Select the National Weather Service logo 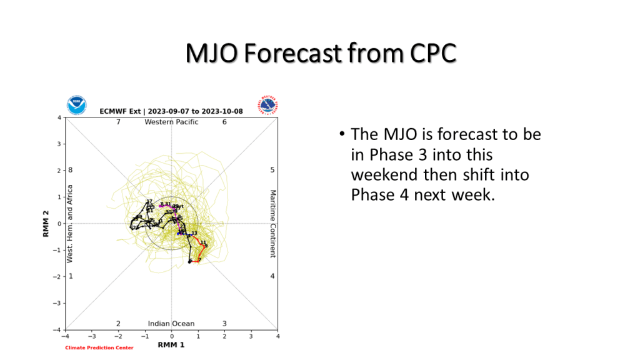[268, 105]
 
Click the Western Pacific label [171, 122]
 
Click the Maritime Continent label [272, 223]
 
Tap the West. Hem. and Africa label [70, 223]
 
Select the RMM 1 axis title [171, 345]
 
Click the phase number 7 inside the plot [118, 122]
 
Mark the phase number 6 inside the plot [224, 122]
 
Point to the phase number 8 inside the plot [71, 170]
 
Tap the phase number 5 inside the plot [272, 170]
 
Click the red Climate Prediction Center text [99, 348]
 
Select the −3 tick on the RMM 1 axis [92, 336]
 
